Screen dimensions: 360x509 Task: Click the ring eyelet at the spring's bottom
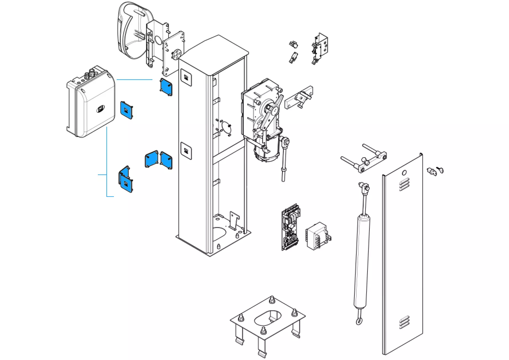(359, 321)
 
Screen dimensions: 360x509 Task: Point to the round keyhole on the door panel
(404, 173)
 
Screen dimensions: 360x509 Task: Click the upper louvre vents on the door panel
(404, 184)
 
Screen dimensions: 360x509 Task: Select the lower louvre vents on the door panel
(404, 322)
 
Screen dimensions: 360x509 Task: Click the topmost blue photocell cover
(166, 87)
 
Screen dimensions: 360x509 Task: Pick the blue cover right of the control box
(126, 110)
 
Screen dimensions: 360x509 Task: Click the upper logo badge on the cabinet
(186, 77)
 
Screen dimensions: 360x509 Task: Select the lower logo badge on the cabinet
(186, 151)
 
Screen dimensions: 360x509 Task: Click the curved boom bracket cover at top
(133, 30)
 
